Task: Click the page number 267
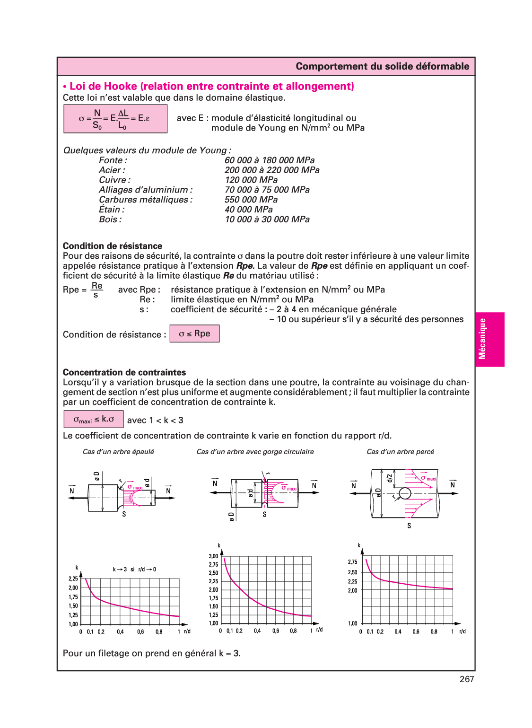(x=466, y=679)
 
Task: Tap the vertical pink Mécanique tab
(x=489, y=339)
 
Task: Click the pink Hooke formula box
(x=115, y=119)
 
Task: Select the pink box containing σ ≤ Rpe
(x=194, y=333)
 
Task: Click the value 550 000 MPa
(x=251, y=200)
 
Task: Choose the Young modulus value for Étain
(x=249, y=210)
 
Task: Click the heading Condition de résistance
(x=113, y=246)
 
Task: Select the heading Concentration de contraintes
(x=124, y=372)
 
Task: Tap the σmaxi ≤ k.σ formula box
(x=94, y=419)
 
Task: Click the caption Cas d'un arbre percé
(x=400, y=452)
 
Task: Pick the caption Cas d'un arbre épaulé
(x=118, y=452)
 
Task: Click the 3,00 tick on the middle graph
(x=213, y=556)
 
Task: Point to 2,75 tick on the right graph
(x=352, y=562)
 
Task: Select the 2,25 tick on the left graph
(x=73, y=579)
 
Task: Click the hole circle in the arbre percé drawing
(x=405, y=493)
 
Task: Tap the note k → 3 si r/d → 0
(x=134, y=570)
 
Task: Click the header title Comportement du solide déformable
(x=382, y=66)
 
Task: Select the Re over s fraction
(x=96, y=290)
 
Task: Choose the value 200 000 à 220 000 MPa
(x=272, y=170)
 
